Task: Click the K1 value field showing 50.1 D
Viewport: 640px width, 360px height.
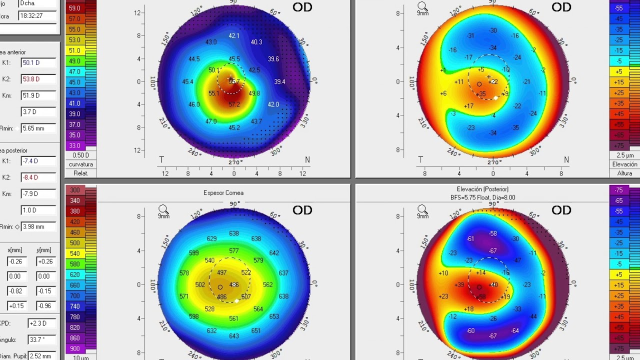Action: click(37, 62)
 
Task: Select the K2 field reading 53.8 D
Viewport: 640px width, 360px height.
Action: click(37, 79)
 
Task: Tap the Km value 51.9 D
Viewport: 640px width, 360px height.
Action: click(37, 95)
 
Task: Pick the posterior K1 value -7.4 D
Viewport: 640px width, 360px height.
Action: click(37, 161)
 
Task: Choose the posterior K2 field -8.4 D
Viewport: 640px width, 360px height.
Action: click(37, 177)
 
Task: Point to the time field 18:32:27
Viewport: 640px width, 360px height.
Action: click(37, 16)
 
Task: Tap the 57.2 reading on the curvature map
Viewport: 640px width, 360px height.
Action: click(234, 104)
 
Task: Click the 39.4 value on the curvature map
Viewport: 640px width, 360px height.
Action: click(279, 82)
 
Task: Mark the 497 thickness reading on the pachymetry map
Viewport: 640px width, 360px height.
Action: click(221, 273)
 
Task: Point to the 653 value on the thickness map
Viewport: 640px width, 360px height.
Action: click(274, 316)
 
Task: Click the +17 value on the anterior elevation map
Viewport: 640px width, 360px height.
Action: click(468, 106)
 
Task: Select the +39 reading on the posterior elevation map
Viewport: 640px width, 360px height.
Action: click(459, 284)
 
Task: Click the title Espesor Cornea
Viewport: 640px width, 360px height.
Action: click(223, 193)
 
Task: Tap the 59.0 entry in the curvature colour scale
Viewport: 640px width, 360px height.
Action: click(74, 8)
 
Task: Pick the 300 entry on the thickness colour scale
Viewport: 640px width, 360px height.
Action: click(75, 190)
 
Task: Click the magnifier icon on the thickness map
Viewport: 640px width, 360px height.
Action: click(163, 209)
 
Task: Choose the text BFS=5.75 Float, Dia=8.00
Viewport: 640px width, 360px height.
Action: click(482, 197)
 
